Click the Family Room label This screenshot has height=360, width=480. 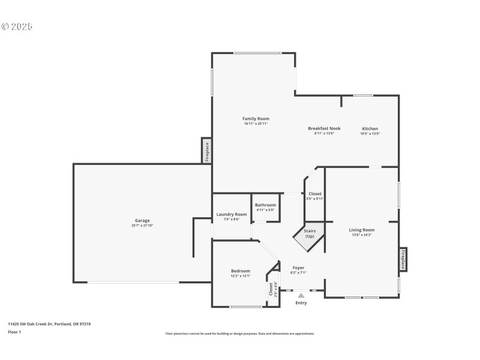pyautogui.click(x=256, y=119)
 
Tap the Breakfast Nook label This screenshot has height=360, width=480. pyautogui.click(x=324, y=128)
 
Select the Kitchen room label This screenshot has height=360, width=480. pyautogui.click(x=370, y=128)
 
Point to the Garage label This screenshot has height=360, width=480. pyautogui.click(x=142, y=220)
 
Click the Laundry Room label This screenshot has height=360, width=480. pyautogui.click(x=232, y=214)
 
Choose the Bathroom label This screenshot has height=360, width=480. pyautogui.click(x=265, y=205)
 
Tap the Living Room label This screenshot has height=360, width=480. pyautogui.click(x=362, y=230)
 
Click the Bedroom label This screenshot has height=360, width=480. pyautogui.click(x=241, y=271)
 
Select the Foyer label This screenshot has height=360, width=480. pyautogui.click(x=298, y=268)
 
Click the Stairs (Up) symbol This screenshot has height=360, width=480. pyautogui.click(x=308, y=233)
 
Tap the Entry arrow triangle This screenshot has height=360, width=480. pyautogui.click(x=301, y=295)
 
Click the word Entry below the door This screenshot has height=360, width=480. pyautogui.click(x=301, y=303)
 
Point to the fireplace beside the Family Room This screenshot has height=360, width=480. pyautogui.click(x=206, y=151)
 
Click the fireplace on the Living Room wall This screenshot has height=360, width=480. pyautogui.click(x=403, y=259)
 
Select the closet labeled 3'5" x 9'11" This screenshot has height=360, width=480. pyautogui.click(x=315, y=196)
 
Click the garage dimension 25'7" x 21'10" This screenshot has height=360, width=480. pyautogui.click(x=142, y=225)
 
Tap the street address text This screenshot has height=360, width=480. pyautogui.click(x=49, y=324)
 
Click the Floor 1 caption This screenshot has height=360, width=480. pyautogui.click(x=14, y=332)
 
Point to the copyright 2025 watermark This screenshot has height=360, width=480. pyautogui.click(x=17, y=26)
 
